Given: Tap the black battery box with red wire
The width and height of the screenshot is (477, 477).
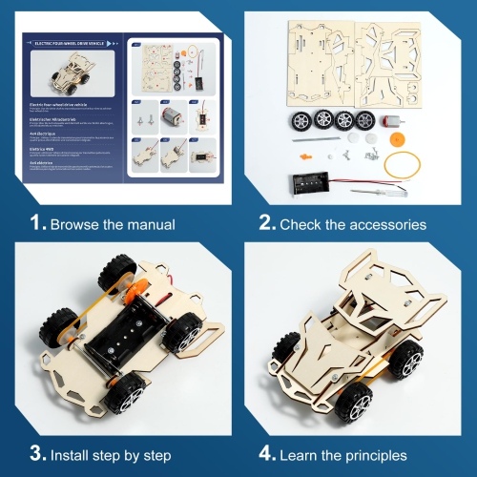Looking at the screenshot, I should [x=304, y=180].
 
